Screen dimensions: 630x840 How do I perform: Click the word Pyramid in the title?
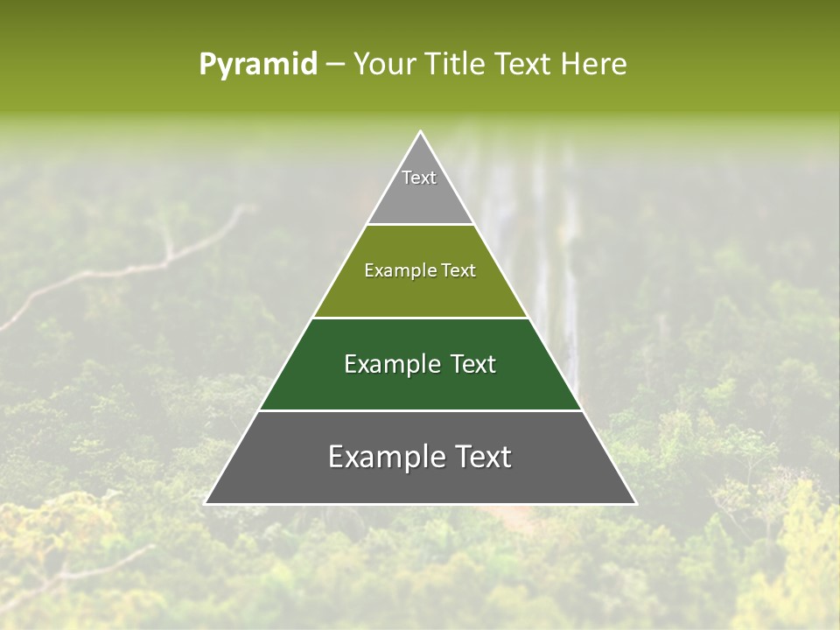[258, 65]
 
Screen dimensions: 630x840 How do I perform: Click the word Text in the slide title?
[523, 64]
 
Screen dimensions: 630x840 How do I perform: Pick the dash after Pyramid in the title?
[335, 65]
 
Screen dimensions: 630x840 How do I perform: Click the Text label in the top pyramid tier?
[419, 178]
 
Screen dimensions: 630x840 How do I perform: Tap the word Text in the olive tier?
[459, 271]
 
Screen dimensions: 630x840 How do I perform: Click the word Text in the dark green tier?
[473, 364]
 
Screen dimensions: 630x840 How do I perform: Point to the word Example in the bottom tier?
[387, 457]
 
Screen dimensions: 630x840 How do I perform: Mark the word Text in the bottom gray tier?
[483, 457]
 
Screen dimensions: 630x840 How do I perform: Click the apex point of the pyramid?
[420, 132]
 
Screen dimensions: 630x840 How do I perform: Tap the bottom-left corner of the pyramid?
[206, 503]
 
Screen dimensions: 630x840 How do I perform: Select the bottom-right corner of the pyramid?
[635, 503]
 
